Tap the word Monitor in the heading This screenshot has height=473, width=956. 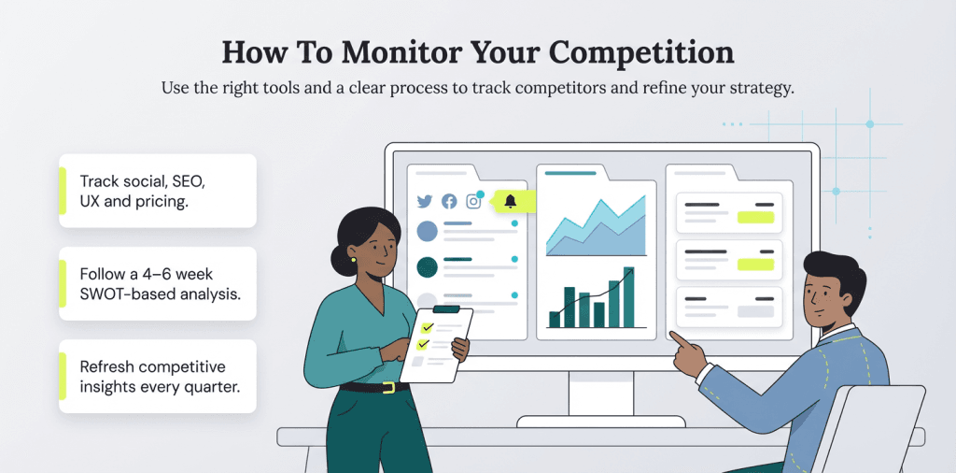click(x=391, y=52)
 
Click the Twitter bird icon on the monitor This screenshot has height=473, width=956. click(x=425, y=201)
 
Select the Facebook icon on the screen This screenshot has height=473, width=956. click(x=449, y=201)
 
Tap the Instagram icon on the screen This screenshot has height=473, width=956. click(x=473, y=201)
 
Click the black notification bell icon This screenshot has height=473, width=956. click(x=510, y=201)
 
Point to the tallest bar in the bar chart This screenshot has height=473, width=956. click(x=628, y=296)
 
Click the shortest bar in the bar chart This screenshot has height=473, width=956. click(x=555, y=319)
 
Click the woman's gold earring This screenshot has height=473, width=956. click(x=354, y=260)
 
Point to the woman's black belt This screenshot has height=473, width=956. click(x=373, y=386)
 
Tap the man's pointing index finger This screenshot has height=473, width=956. click(x=677, y=339)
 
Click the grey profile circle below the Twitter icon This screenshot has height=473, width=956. click(x=427, y=231)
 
